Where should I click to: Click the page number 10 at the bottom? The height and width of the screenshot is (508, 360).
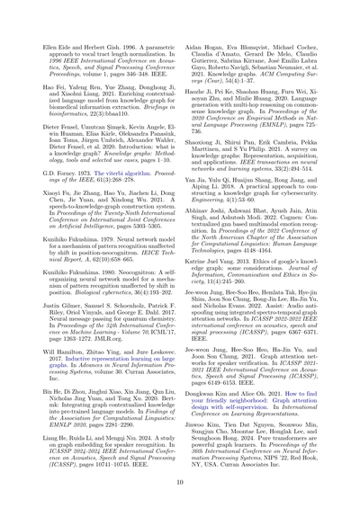(x=180, y=483)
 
